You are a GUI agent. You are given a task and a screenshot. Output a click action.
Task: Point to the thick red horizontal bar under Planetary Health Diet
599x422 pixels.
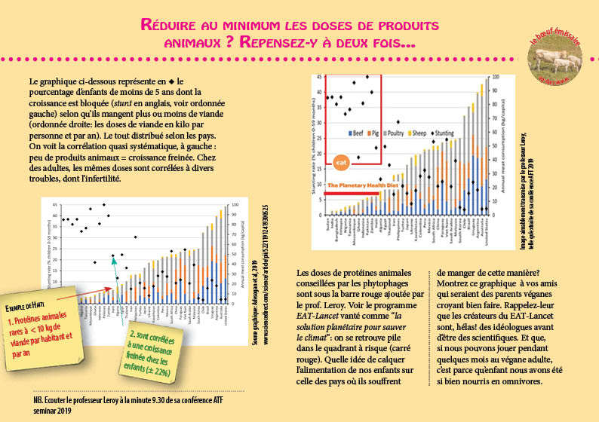point(353,193)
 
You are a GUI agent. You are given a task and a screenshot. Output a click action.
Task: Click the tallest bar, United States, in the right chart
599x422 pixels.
point(485,143)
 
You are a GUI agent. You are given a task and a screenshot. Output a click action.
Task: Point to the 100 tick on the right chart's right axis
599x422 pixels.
point(495,77)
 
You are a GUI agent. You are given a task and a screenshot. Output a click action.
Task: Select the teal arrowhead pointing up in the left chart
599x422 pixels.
point(114,260)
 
